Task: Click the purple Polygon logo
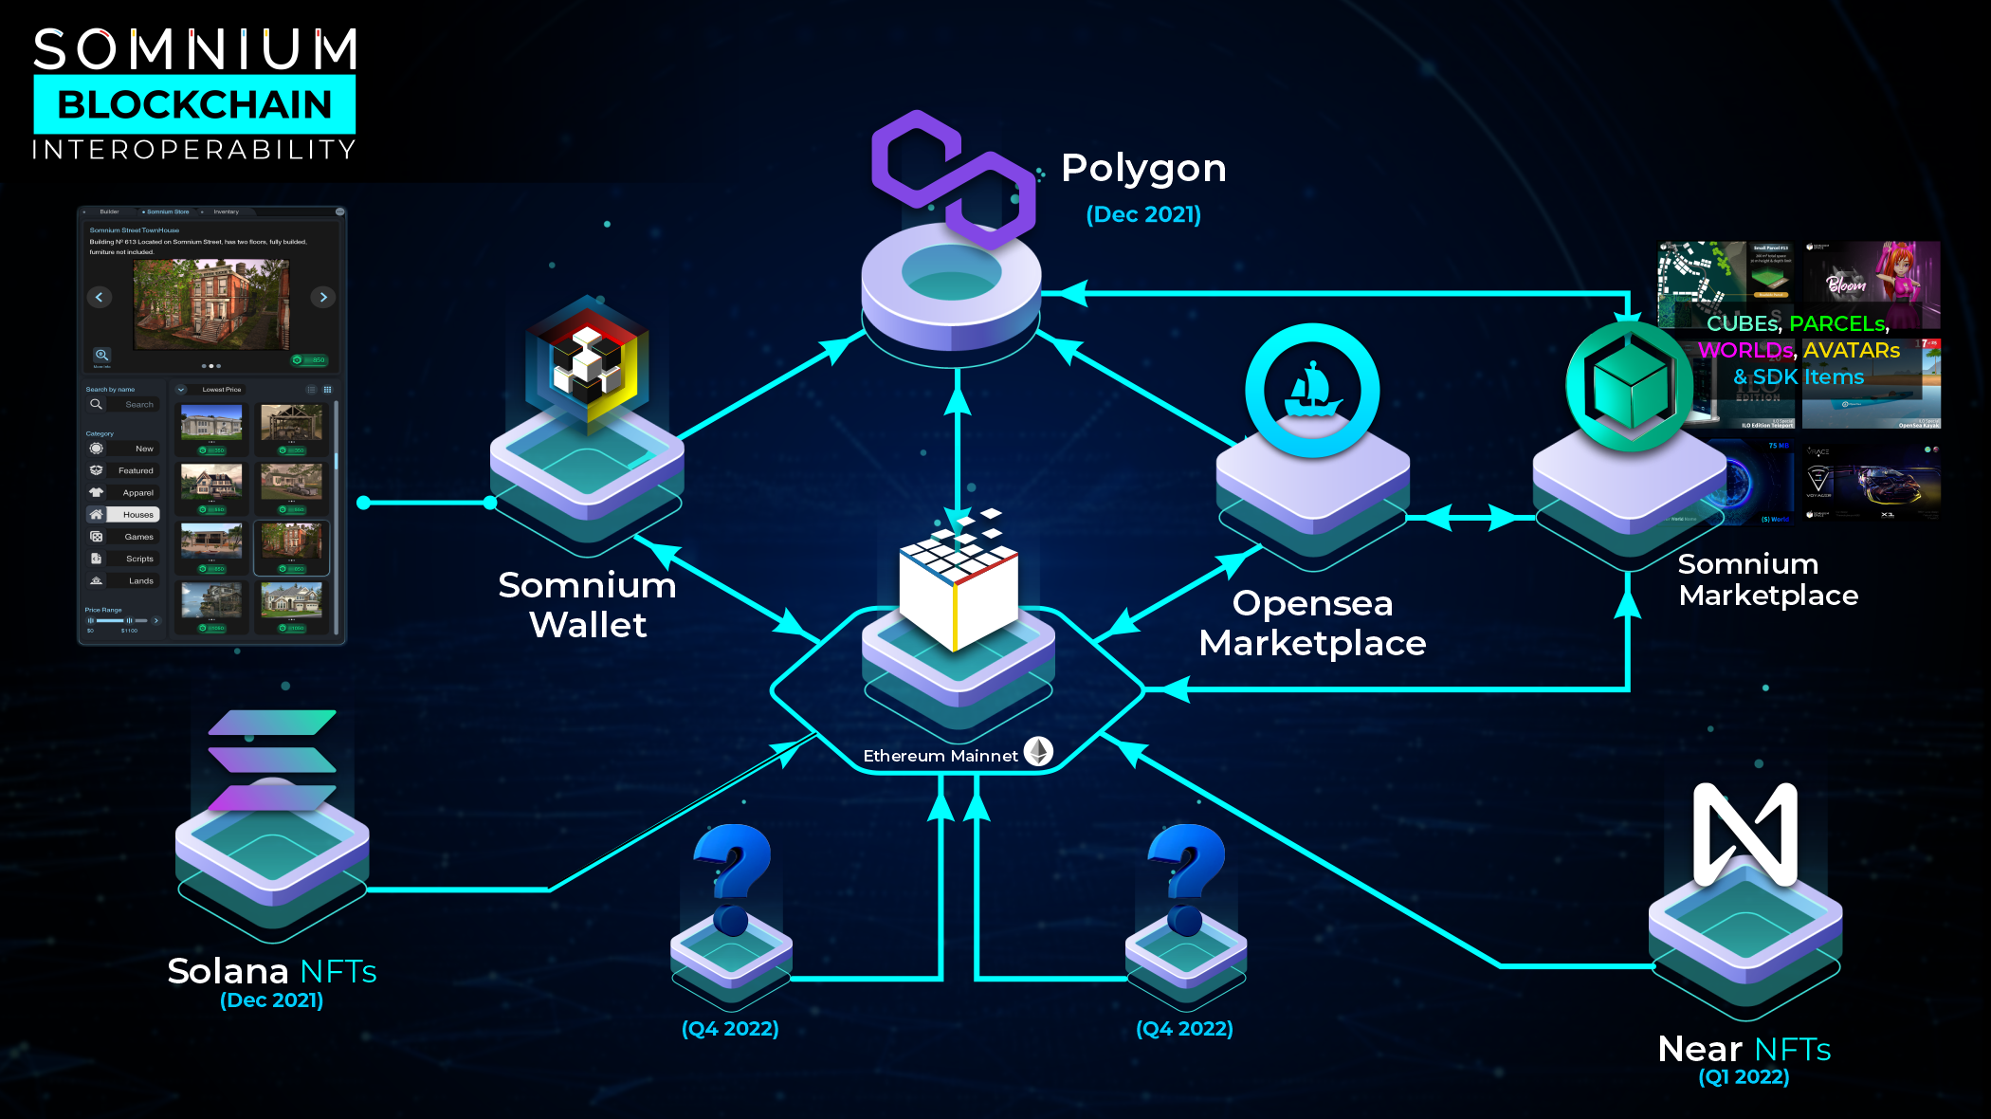(x=953, y=177)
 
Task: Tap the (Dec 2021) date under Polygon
(x=1143, y=214)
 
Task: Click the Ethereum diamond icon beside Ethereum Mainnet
(x=1039, y=752)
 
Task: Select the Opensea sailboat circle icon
(x=1312, y=390)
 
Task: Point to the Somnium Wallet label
(x=587, y=605)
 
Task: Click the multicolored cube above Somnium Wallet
(x=588, y=365)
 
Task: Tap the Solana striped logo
(x=272, y=760)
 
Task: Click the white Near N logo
(x=1744, y=834)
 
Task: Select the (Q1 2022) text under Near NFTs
(x=1744, y=1077)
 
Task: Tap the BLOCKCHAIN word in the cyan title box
(x=194, y=104)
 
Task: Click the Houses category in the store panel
(x=137, y=515)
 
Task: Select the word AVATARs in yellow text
(x=1851, y=351)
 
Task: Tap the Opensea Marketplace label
(x=1312, y=623)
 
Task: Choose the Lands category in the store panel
(x=139, y=581)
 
